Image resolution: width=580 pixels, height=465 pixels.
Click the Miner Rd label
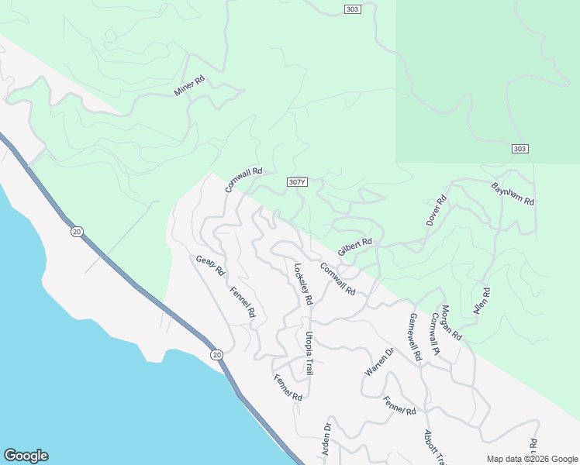pyautogui.click(x=188, y=85)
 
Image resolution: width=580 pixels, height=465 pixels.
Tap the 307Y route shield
pyautogui.click(x=297, y=182)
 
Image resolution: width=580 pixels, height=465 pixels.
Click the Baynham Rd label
pyautogui.click(x=513, y=194)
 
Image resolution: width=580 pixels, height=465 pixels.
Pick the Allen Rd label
pyautogui.click(x=482, y=302)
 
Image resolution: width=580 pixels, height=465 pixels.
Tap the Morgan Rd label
pyautogui.click(x=451, y=322)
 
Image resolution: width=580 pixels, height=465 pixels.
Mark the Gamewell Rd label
pyautogui.click(x=415, y=337)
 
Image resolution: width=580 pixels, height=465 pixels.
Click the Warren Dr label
pyautogui.click(x=379, y=362)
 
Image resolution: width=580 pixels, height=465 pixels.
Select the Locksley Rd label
pyautogui.click(x=303, y=284)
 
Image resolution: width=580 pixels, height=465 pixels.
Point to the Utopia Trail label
pyautogui.click(x=309, y=353)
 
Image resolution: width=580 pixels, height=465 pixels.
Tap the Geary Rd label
pyautogui.click(x=210, y=266)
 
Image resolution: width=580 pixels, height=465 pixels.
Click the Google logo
pyautogui.click(x=26, y=456)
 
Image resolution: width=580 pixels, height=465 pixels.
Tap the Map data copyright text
pyautogui.click(x=531, y=459)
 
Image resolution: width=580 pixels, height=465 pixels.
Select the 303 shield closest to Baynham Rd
pyautogui.click(x=520, y=149)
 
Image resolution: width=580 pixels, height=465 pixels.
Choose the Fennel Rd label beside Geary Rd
pyautogui.click(x=243, y=302)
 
